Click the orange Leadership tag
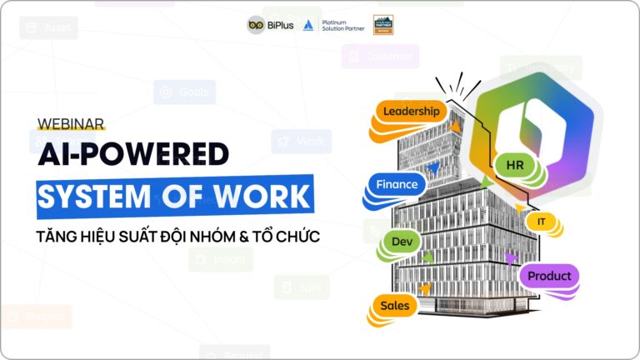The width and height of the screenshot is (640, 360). pos(409,111)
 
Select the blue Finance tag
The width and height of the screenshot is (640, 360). pos(397,184)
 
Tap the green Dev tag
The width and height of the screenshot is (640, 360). pos(402,242)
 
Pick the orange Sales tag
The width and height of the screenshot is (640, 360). pos(394,306)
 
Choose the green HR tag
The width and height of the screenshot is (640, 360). pos(514,165)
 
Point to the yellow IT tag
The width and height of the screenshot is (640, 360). pos(541,222)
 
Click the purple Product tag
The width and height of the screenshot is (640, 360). pos(549,276)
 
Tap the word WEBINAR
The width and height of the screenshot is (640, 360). pos(71,123)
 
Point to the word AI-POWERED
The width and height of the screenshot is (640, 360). pos(133,154)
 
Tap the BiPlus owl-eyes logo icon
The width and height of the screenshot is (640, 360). pos(256,25)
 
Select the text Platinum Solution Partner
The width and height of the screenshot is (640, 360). pos(342,25)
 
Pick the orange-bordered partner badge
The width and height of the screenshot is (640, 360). pos(383,24)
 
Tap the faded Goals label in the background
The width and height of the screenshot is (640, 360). pos(185,92)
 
